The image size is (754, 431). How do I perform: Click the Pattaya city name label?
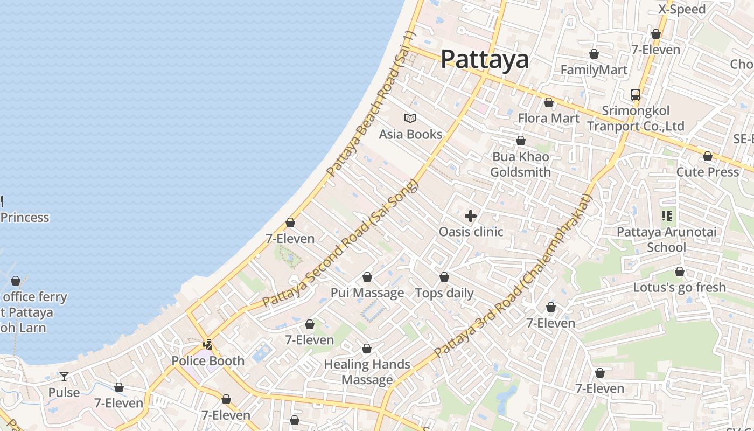tap(485, 59)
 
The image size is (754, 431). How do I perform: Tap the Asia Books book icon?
tap(410, 118)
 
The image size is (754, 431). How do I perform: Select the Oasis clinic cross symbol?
tap(471, 216)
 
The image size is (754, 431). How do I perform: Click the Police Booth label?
tap(208, 361)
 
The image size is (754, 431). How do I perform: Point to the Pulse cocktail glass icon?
tap(64, 376)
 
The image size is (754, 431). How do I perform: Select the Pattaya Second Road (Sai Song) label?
tap(340, 244)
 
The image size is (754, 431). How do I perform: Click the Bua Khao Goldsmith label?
tap(521, 164)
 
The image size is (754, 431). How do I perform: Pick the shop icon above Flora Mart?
tap(549, 102)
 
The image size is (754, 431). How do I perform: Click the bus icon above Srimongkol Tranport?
tap(636, 95)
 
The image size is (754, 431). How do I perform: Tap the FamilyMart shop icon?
tap(594, 54)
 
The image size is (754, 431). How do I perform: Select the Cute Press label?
tap(708, 172)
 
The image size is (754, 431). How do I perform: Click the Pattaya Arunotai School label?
tap(667, 240)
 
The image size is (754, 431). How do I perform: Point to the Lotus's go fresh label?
tap(680, 288)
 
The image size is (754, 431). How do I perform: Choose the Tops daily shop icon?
tap(444, 277)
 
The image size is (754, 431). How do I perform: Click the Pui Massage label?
tap(367, 293)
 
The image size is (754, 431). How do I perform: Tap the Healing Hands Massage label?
tap(367, 372)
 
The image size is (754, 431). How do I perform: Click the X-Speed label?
tap(682, 10)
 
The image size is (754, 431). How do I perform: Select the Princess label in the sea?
tap(25, 218)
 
